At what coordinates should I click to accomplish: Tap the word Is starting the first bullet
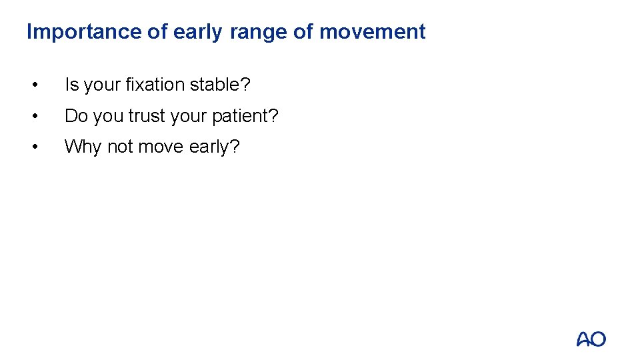pyautogui.click(x=71, y=85)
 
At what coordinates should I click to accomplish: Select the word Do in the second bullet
pyautogui.click(x=76, y=116)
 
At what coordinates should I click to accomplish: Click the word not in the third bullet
pyautogui.click(x=120, y=147)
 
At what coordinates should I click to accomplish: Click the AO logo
pyautogui.click(x=591, y=339)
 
